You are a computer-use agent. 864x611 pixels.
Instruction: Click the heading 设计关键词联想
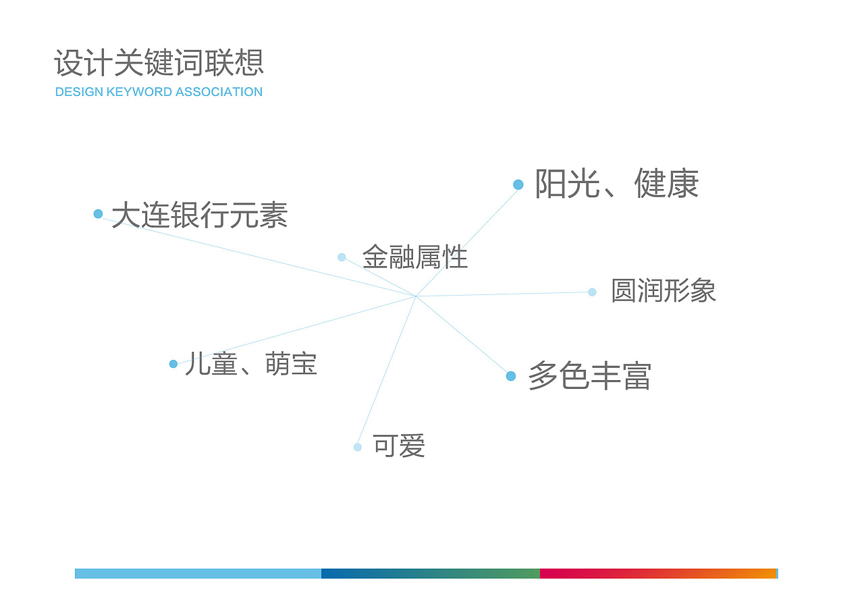(x=159, y=63)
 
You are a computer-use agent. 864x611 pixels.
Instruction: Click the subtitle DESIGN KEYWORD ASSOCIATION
(x=159, y=92)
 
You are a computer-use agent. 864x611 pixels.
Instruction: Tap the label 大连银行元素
(x=200, y=215)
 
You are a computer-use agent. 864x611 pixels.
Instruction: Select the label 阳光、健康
(x=616, y=184)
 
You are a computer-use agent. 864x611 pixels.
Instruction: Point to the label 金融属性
(x=415, y=257)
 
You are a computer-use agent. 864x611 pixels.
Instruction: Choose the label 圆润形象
(x=664, y=291)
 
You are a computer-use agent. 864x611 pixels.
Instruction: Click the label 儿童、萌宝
(x=250, y=364)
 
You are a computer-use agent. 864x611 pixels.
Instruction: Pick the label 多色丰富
(x=589, y=376)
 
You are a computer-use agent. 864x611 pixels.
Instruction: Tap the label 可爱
(x=399, y=446)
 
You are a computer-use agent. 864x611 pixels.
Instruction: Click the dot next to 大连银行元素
(x=98, y=214)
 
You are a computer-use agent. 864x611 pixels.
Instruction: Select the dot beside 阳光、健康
(x=518, y=184)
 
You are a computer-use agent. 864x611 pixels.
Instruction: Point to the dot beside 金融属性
(x=342, y=257)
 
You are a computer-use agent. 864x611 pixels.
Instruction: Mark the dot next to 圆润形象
(x=592, y=292)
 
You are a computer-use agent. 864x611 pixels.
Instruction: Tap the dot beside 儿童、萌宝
(x=173, y=364)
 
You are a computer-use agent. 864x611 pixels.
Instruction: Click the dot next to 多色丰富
(x=511, y=376)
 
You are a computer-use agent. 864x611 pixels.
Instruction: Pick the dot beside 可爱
(x=357, y=447)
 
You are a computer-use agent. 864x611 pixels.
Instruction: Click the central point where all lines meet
(x=416, y=296)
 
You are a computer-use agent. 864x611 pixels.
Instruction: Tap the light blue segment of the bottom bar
(x=198, y=573)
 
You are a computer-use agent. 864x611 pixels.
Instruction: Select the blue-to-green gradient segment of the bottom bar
(x=431, y=573)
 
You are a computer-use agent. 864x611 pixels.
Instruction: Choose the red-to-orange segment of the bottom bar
(x=658, y=573)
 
